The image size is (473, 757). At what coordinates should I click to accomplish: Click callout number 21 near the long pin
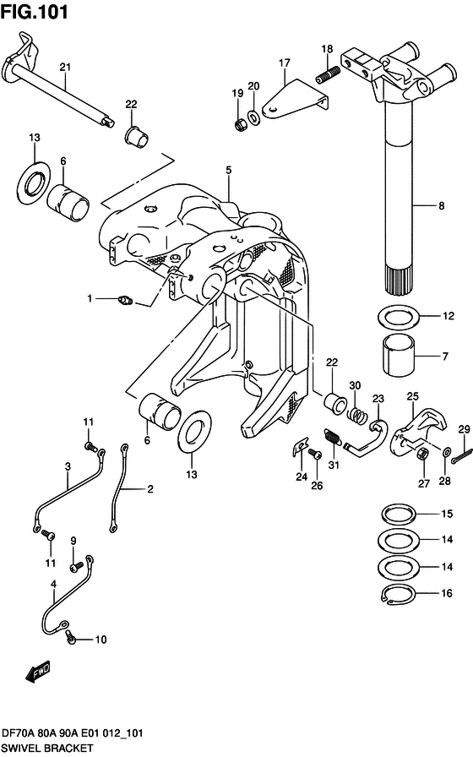pos(65,67)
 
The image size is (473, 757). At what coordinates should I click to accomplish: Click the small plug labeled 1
pos(128,298)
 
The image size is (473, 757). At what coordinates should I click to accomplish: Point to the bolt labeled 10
pos(72,638)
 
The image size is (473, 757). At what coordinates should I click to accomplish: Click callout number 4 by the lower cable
pos(53,584)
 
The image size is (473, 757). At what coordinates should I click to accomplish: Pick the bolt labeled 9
pos(77,560)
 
